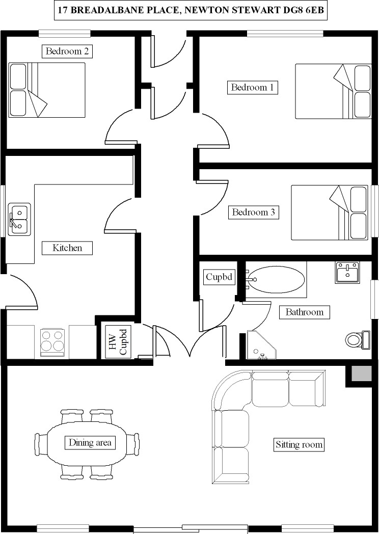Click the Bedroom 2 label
[x=68, y=51]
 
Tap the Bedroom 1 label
[x=252, y=87]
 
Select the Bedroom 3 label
[x=253, y=212]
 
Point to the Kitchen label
[x=67, y=248]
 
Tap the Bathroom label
[x=304, y=312]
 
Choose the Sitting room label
[x=299, y=444]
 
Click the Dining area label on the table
[x=90, y=442]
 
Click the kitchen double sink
[x=19, y=219]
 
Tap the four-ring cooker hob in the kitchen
[x=52, y=341]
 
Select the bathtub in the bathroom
[x=276, y=279]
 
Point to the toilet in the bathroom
[x=356, y=339]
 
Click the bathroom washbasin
[x=347, y=272]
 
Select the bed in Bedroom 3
[x=329, y=212]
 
